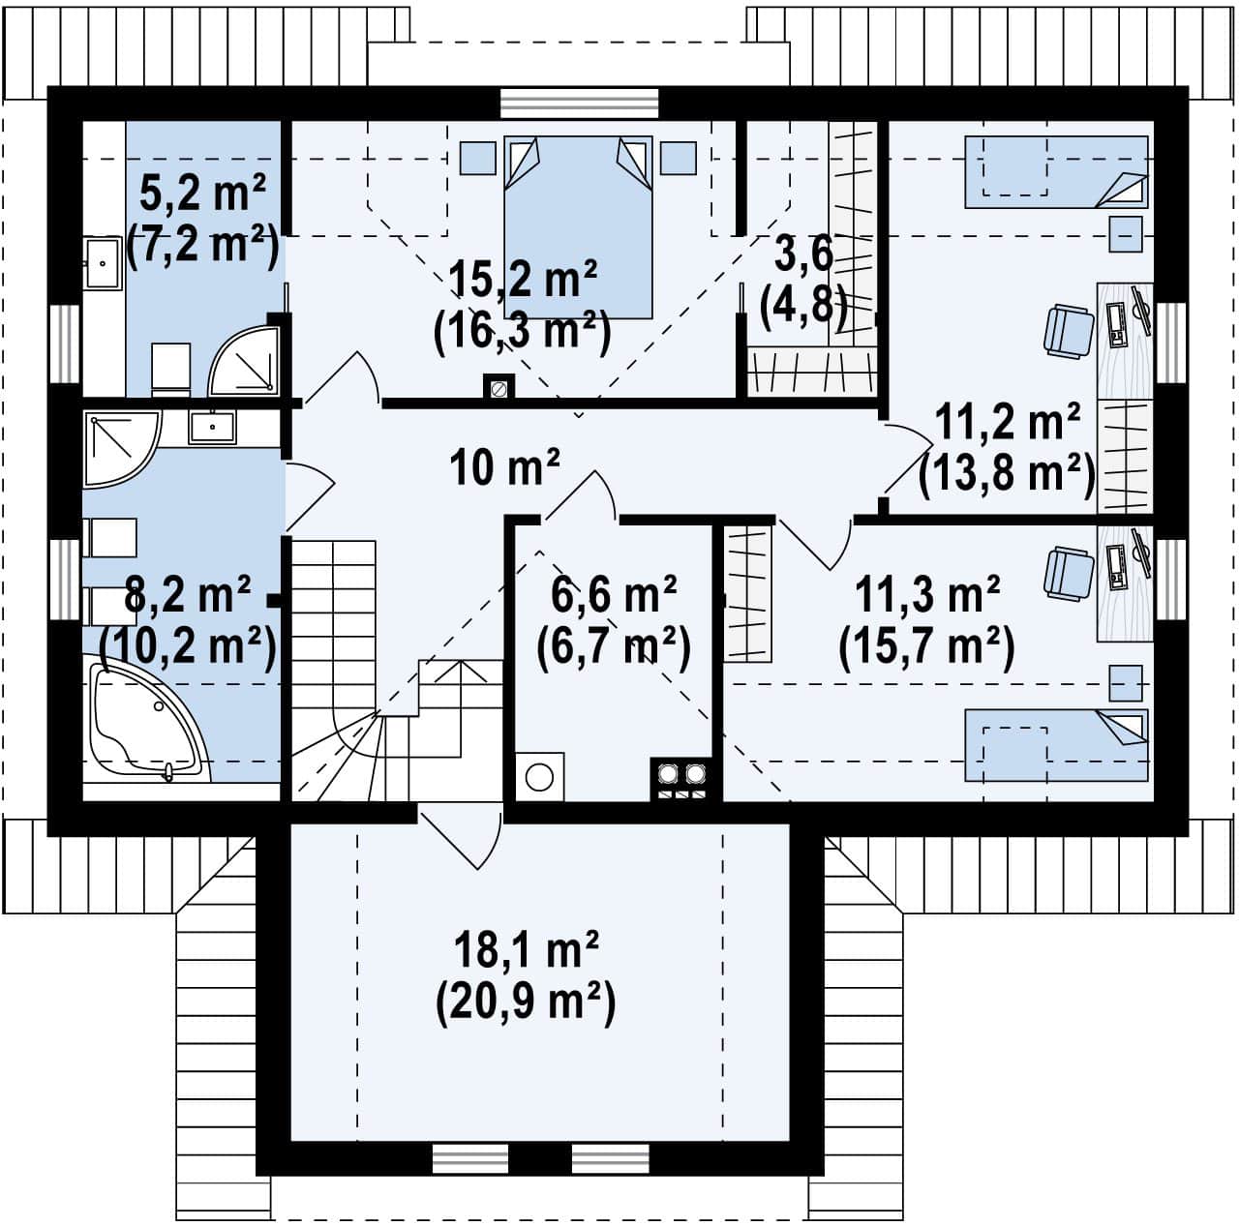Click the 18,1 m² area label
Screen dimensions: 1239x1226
526,949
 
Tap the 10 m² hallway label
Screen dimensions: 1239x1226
504,467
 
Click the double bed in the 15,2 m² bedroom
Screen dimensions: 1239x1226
578,227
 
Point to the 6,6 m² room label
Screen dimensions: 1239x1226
614,595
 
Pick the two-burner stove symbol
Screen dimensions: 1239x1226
681,779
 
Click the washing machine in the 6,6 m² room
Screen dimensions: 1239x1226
539,777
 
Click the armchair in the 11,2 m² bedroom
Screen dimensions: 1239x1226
1069,330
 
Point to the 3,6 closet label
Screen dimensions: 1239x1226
803,254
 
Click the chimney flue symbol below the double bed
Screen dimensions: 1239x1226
499,389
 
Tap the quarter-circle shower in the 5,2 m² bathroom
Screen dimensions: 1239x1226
244,360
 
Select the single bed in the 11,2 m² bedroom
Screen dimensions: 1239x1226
1056,171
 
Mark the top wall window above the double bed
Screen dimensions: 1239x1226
579,104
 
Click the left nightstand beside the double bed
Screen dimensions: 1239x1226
478,158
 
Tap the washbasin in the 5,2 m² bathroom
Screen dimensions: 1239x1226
104,263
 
